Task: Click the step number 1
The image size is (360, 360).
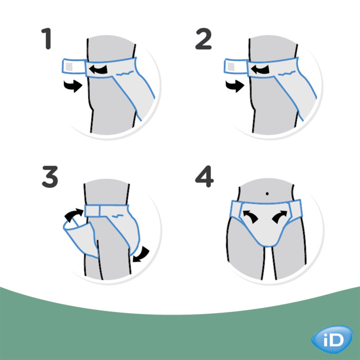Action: tap(47, 39)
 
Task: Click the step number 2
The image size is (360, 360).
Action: tap(203, 39)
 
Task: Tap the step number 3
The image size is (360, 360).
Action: tap(50, 177)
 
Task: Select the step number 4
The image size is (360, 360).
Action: tap(204, 176)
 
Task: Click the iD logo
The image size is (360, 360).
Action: tap(332, 340)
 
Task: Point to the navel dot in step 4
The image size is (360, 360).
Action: tap(267, 194)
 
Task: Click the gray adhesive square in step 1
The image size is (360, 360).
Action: tap(69, 67)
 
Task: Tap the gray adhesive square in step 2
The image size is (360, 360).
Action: tap(231, 67)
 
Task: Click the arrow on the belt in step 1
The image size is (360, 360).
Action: tap(98, 69)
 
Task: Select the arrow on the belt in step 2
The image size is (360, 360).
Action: tap(260, 69)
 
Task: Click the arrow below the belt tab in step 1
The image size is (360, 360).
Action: tap(73, 86)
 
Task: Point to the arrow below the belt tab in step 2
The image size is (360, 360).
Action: tap(235, 86)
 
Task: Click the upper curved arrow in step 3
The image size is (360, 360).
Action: tap(73, 215)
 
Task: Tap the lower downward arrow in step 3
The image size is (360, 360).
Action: tap(141, 255)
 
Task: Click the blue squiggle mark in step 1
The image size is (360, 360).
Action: tap(125, 73)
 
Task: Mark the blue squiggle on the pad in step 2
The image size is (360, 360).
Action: tap(287, 73)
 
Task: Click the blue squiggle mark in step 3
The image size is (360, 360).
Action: tap(118, 216)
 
